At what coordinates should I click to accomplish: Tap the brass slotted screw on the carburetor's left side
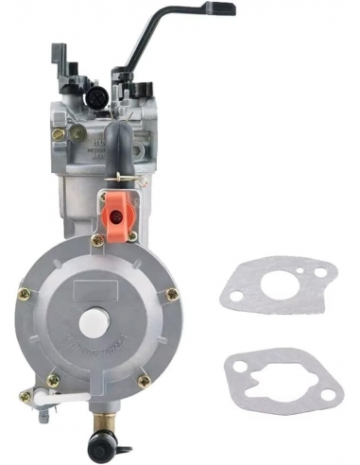coord(59,134)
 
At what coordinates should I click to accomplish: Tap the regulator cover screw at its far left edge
coord(25,294)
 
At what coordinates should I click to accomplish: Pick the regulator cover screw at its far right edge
coord(172,294)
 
